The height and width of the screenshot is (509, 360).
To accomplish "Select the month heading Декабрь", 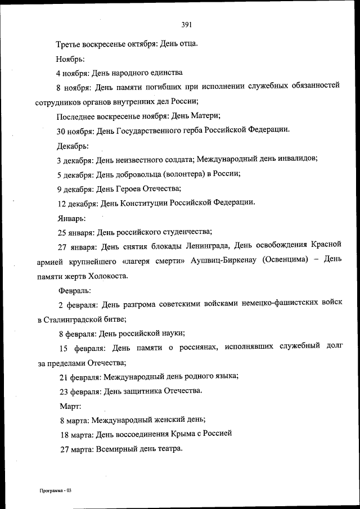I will click(x=73, y=145).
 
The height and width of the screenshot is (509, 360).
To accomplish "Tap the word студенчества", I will click(x=184, y=232).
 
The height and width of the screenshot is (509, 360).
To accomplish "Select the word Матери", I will click(x=208, y=116).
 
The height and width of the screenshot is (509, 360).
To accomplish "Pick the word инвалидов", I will click(x=298, y=159).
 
